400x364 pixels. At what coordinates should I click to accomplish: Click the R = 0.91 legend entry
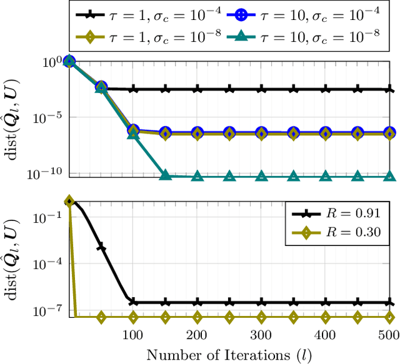click(337, 214)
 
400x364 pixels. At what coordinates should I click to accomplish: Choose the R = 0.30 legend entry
click(337, 234)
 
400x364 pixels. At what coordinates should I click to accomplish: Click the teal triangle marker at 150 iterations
click(165, 175)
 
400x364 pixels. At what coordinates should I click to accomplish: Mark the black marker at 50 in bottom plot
click(101, 248)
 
